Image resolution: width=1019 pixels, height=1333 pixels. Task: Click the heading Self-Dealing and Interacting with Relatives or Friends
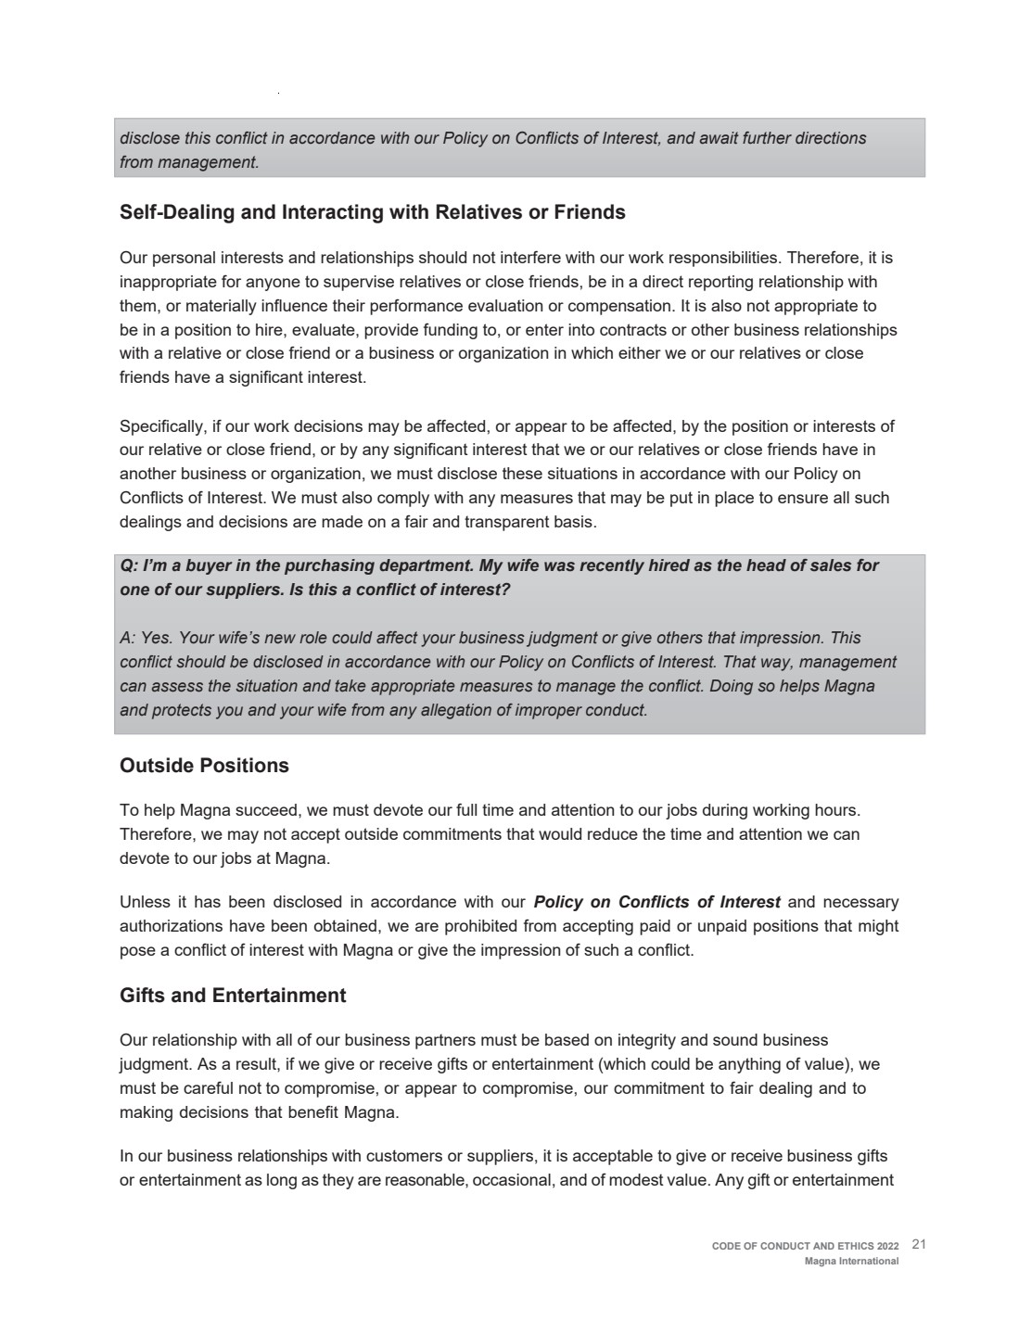point(372,212)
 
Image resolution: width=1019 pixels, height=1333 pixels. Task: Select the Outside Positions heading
point(204,766)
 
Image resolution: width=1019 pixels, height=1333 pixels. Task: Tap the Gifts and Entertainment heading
point(233,996)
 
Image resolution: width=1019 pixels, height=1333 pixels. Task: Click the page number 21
point(919,1244)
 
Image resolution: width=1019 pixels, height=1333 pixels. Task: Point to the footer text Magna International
point(851,1261)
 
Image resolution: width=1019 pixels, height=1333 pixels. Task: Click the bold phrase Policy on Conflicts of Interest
point(657,902)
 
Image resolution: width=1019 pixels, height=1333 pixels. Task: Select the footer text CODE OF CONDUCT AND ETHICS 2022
point(805,1246)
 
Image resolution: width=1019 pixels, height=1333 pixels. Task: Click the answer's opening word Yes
point(159,638)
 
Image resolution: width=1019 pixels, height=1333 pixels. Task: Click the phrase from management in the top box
point(188,162)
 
